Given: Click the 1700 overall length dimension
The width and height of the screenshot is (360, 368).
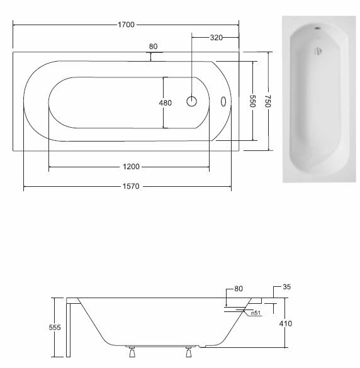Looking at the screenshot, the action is click(126, 25).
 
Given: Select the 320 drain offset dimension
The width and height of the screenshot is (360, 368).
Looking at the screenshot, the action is click(216, 37).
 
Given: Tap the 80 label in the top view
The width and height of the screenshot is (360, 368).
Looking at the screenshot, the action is click(153, 47).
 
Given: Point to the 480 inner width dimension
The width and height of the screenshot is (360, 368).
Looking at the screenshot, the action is click(166, 103).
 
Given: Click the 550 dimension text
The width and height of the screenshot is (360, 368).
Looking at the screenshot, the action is click(252, 101).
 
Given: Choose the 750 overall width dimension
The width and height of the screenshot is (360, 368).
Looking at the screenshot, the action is click(268, 101).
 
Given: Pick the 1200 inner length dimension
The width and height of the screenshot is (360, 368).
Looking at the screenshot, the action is click(131, 167).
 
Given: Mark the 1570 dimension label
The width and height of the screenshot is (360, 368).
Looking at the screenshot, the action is click(131, 186).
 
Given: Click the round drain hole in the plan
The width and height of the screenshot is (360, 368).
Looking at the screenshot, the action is click(191, 101).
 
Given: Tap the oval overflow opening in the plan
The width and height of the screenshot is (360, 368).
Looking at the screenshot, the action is click(223, 101).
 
